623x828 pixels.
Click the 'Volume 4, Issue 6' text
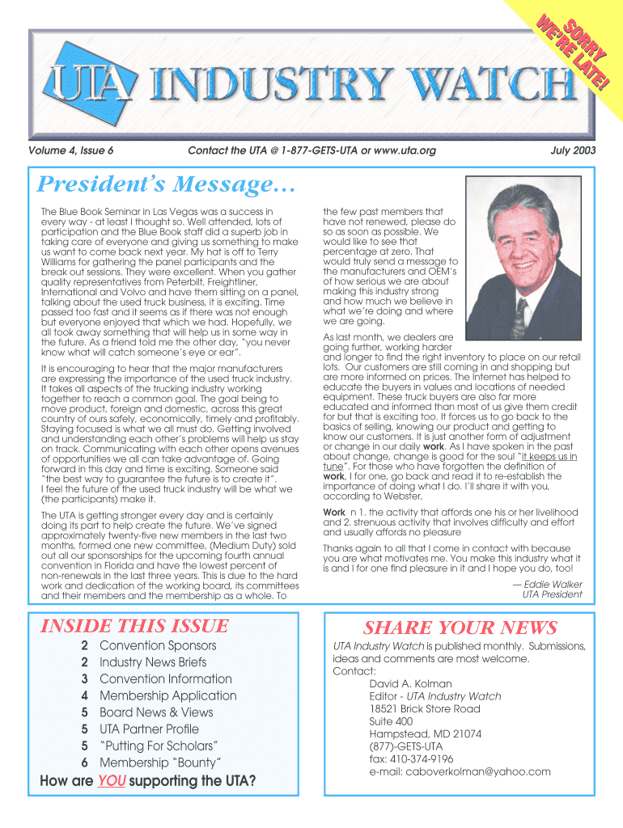[x=70, y=151]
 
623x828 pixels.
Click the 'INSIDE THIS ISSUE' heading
[x=134, y=626]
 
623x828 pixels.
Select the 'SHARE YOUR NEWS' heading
[x=460, y=627]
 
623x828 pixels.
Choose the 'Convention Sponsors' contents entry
[x=158, y=645]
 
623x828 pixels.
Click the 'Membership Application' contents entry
[x=167, y=695]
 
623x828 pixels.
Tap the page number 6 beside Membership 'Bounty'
[x=84, y=763]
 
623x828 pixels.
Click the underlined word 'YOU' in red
[x=109, y=781]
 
